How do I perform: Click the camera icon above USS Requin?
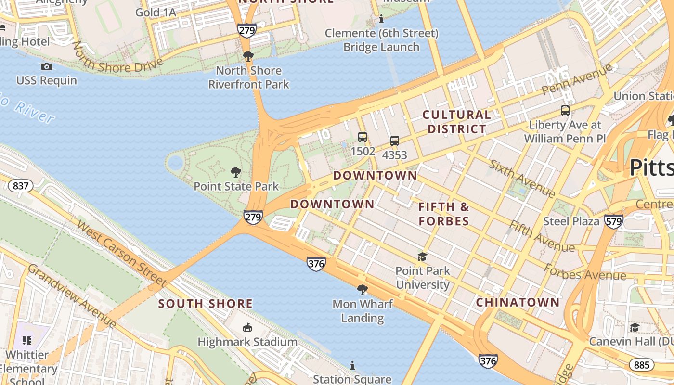[x=47, y=66]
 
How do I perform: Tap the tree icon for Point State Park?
[x=235, y=172]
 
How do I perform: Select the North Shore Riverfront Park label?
[x=248, y=77]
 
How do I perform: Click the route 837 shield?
[x=20, y=186]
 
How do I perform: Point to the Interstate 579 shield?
[x=614, y=221]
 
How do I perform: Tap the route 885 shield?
[x=641, y=365]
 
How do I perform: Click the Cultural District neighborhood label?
[x=456, y=122]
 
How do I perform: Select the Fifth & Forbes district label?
[x=443, y=214]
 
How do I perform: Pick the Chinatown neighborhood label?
[x=518, y=303]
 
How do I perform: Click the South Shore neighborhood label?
[x=205, y=304]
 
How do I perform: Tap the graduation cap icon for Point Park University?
[x=422, y=257]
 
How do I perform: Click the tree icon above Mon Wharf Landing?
[x=362, y=289]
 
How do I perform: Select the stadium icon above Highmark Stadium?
[x=247, y=327]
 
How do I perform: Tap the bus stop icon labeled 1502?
[x=363, y=137]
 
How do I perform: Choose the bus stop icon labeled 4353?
[x=395, y=141]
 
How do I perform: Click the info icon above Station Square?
[x=352, y=365]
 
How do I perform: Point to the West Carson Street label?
[x=121, y=254]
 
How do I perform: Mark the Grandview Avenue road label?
[x=72, y=296]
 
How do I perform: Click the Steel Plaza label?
[x=571, y=221]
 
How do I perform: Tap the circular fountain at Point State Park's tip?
[x=176, y=163]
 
